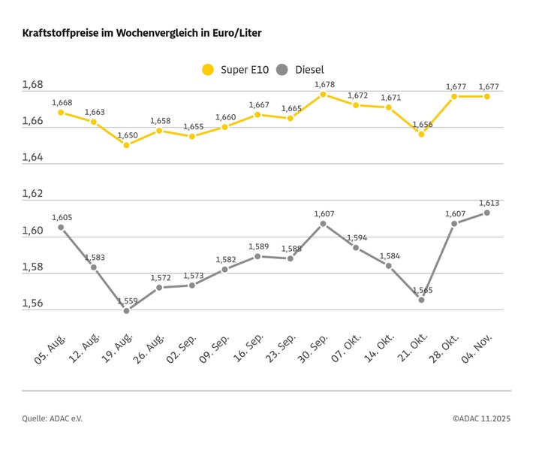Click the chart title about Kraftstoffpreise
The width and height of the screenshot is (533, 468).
pos(142,34)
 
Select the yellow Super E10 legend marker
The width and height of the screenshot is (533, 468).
pos(208,70)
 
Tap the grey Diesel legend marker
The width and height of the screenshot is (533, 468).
pos(282,70)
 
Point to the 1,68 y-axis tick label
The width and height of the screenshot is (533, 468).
pos(32,85)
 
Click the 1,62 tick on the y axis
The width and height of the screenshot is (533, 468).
pos(32,194)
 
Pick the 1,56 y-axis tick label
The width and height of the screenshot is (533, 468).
pos(32,303)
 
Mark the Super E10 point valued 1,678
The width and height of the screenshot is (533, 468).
pos(324,95)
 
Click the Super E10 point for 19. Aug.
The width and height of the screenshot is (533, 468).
pos(126,145)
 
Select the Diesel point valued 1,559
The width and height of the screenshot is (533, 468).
pos(126,310)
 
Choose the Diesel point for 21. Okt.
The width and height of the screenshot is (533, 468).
pos(421,300)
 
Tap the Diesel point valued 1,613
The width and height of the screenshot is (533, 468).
pos(487,213)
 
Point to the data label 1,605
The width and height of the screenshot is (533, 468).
pos(62,218)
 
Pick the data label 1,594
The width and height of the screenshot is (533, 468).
pos(357,237)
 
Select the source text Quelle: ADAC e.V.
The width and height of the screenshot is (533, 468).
pos(53,418)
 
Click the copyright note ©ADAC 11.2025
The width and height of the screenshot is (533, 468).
pos(481,418)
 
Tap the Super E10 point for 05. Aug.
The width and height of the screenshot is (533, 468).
pos(61,113)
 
